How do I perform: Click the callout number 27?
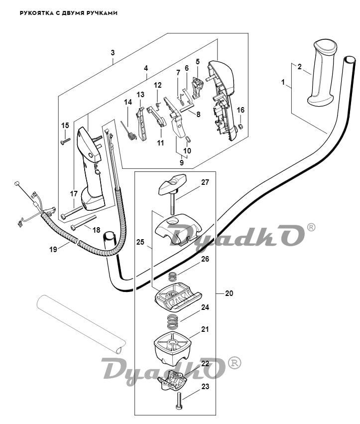tap(205, 182)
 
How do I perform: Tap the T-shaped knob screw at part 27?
tap(171, 187)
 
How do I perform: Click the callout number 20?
tap(229, 293)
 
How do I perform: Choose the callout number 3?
tap(113, 52)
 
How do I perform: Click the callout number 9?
tap(181, 162)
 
